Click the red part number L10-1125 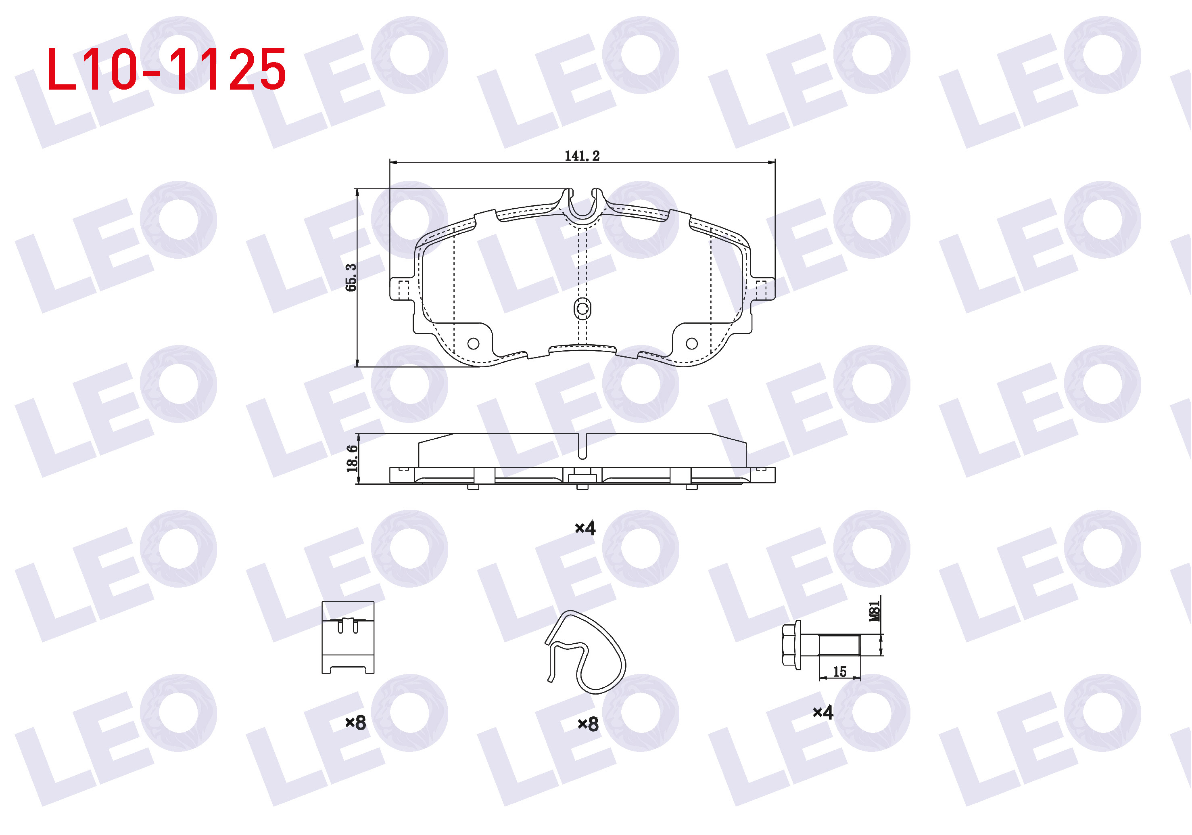[166, 69]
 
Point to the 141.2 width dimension [582, 155]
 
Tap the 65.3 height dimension [351, 277]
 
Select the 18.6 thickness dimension [353, 458]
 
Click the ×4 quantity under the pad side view [585, 528]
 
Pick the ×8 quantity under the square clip [356, 722]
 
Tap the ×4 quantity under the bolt [823, 712]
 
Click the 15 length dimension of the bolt [839, 672]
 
